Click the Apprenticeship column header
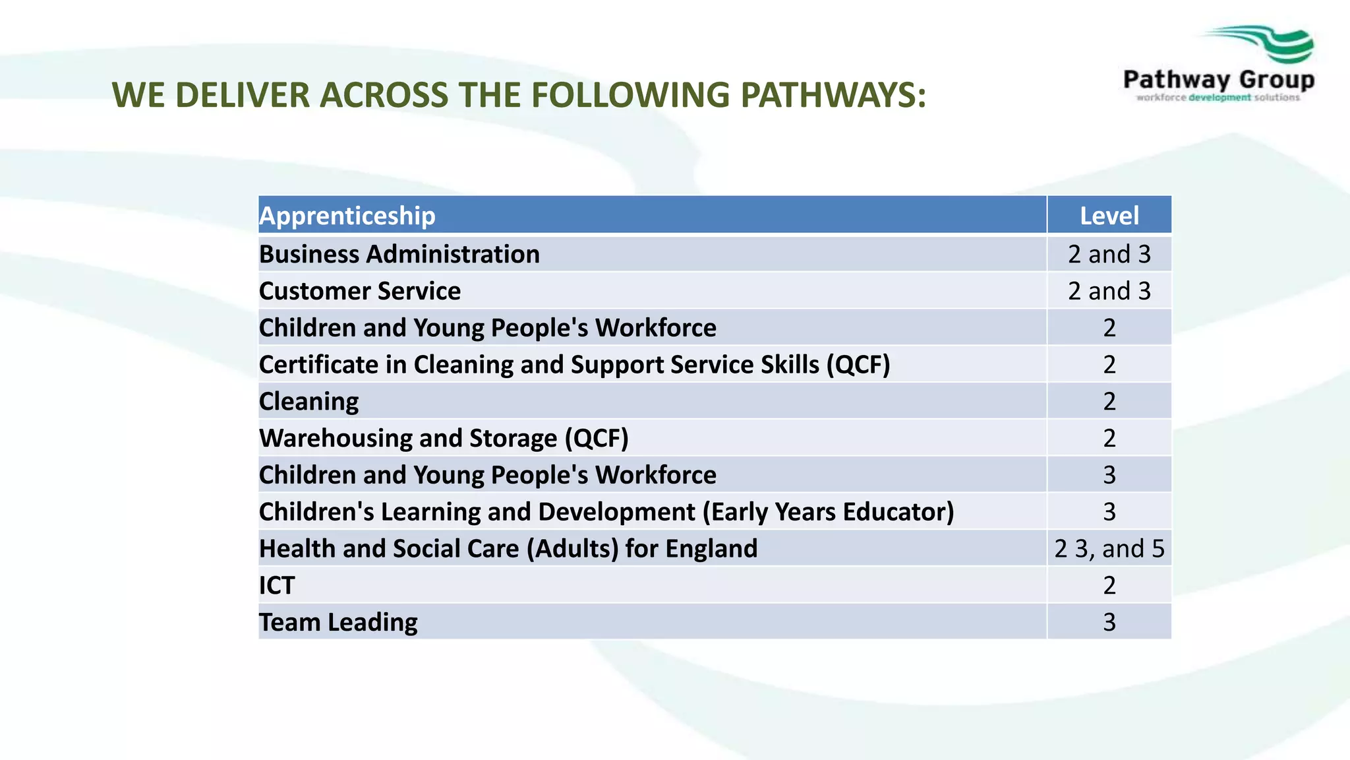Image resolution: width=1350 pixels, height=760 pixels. coord(347,216)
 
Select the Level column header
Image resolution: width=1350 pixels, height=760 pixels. coord(1109,216)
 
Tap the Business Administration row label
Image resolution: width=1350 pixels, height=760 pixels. coord(399,254)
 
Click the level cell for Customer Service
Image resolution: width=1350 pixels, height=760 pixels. coord(1109,291)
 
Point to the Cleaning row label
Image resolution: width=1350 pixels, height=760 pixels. coord(308,401)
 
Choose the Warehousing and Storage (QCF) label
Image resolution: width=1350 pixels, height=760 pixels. coord(444,438)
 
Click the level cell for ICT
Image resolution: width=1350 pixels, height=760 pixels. coord(1109,585)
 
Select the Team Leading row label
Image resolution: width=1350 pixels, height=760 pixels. coord(338,622)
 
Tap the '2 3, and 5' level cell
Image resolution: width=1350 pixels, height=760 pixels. coord(1109,548)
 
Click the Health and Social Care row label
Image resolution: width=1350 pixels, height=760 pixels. coord(508,548)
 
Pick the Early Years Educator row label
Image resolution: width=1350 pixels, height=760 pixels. coord(606,512)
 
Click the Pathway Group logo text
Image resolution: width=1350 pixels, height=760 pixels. coord(1218,80)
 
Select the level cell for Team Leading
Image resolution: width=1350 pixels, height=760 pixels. coord(1109,622)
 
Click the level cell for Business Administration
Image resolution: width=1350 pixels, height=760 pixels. coord(1109,254)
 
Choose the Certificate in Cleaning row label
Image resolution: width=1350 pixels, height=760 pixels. coord(574,364)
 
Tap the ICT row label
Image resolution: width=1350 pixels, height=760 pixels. coord(277,585)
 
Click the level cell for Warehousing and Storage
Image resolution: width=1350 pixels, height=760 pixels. coord(1109,438)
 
